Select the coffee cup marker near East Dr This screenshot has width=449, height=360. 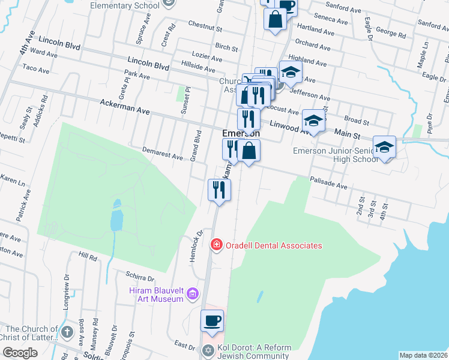point(212,320)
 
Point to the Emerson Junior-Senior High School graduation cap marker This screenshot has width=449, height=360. point(384,147)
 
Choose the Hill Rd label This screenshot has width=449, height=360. point(88,257)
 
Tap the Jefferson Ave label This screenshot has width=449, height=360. point(310,94)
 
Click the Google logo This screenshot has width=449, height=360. point(20,353)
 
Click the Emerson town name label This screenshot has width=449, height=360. point(241,133)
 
